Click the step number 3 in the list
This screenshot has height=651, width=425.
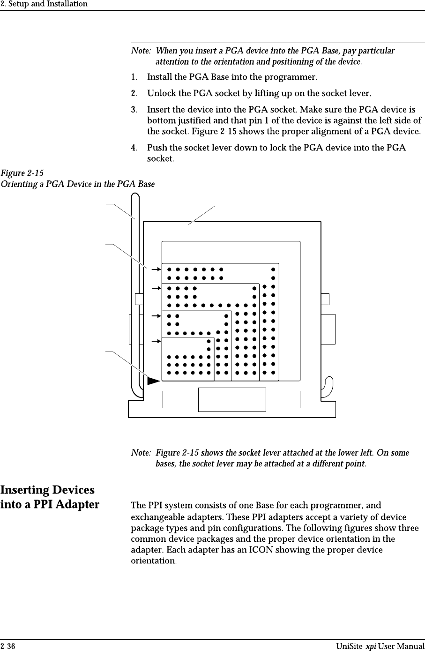134,110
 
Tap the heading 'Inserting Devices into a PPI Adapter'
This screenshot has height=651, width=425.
50,497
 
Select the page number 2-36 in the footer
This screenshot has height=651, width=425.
7,647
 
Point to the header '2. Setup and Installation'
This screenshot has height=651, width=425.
44,4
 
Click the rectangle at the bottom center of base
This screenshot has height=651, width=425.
232,399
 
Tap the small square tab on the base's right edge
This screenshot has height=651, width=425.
325,299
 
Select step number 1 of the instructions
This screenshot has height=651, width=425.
134,76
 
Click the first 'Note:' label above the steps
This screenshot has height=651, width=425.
141,51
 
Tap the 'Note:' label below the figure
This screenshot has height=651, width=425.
141,453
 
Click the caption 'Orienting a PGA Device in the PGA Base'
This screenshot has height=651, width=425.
77,184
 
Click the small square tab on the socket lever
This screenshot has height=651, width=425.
139,299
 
